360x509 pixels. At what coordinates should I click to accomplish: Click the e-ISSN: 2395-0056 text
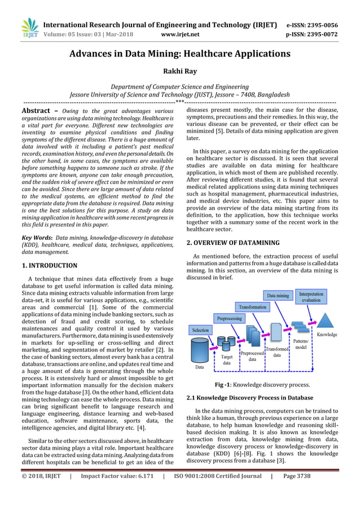(312, 25)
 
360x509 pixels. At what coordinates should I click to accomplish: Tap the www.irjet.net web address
(180, 34)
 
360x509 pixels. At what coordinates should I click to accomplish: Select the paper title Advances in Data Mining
(180, 54)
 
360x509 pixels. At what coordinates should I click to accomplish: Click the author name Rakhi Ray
(179, 72)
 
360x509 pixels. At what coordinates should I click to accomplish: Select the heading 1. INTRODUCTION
(49, 265)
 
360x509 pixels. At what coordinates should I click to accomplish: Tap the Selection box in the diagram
(200, 330)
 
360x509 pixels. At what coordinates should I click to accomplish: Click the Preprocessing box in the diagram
(230, 318)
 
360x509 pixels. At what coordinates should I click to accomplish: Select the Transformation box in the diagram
(252, 307)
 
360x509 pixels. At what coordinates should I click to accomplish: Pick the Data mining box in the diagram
(278, 295)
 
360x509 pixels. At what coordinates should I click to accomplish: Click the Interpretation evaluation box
(311, 297)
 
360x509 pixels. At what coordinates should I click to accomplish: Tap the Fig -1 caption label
(225, 385)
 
